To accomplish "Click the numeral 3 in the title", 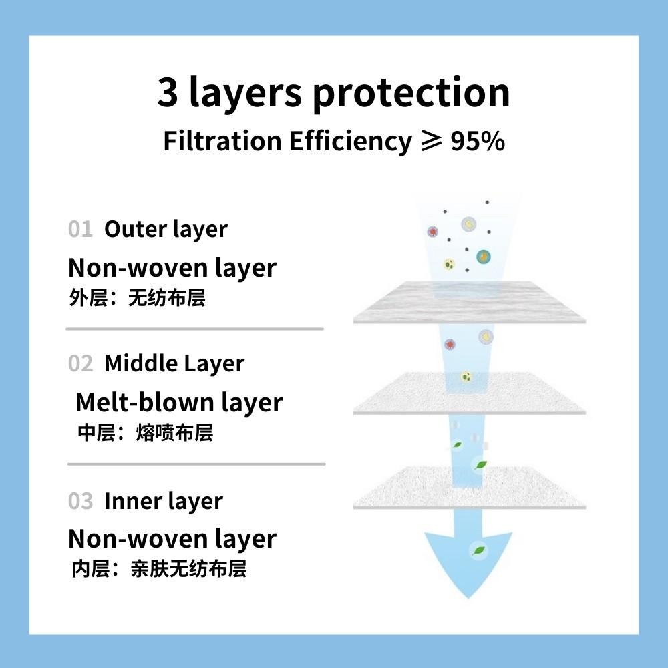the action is click(168, 92).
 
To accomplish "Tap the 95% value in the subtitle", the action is click(478, 141).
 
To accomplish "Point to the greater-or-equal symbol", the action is click(431, 141).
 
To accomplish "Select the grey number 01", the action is click(80, 229).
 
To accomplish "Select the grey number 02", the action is click(80, 364).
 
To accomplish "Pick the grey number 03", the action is click(80, 501).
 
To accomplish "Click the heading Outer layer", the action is click(166, 230).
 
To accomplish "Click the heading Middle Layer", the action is click(174, 364).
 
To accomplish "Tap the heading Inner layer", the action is click(164, 502).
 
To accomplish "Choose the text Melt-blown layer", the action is click(179, 403).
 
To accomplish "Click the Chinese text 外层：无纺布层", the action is click(137, 298).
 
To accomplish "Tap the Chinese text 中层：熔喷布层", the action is click(145, 432).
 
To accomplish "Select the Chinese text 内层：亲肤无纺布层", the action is click(159, 569).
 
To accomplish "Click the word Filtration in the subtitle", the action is click(222, 141).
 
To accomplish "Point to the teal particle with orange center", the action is click(483, 257).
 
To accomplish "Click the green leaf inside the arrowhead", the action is click(479, 550).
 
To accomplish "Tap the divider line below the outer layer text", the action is click(194, 329).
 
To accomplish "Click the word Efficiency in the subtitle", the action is click(351, 142).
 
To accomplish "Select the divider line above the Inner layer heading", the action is click(196, 464).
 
